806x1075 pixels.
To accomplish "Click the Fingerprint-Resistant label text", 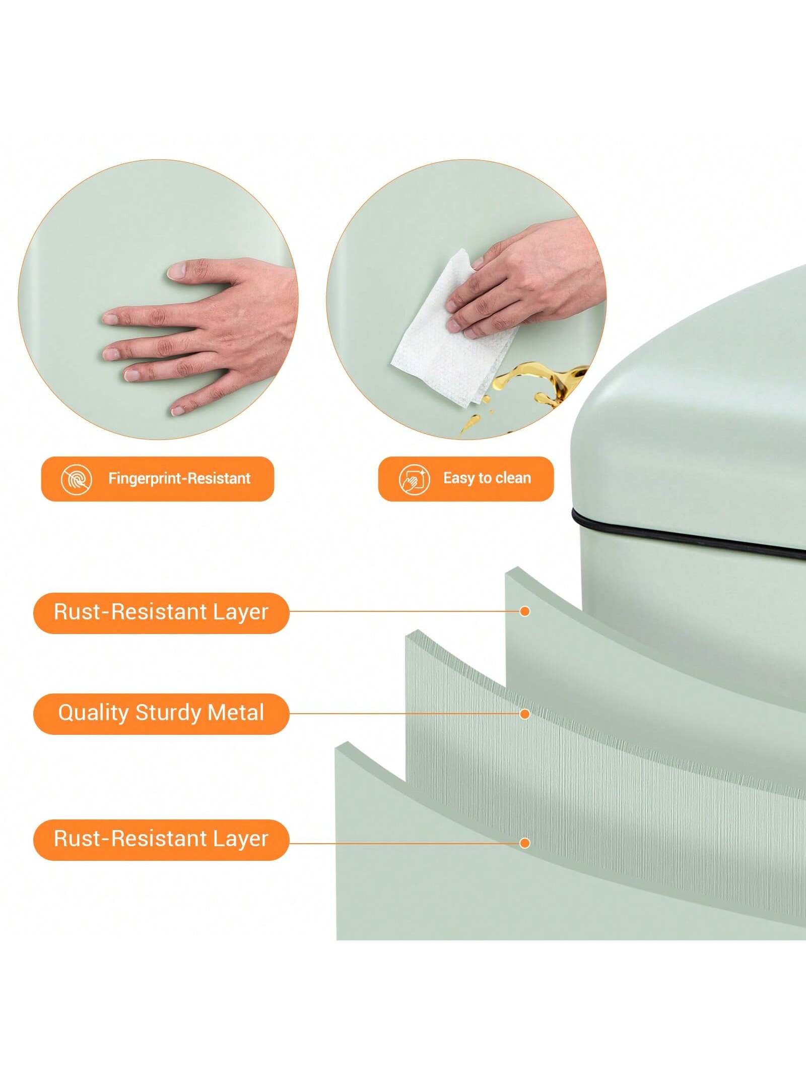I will [x=179, y=478].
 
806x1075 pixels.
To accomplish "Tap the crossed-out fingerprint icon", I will [x=76, y=479].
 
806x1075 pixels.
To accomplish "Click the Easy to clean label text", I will [x=487, y=478].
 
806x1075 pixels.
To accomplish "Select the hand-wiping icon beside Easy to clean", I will [x=414, y=479].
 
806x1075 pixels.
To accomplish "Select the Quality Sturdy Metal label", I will [x=161, y=713].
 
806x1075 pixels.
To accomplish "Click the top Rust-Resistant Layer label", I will [x=161, y=612].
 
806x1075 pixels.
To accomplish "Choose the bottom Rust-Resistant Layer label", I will [x=161, y=839].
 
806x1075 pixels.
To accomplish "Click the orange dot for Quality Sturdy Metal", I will [x=525, y=714].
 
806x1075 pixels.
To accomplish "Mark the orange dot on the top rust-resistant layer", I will [x=525, y=611].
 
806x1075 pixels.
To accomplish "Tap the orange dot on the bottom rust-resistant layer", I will [x=525, y=843].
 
